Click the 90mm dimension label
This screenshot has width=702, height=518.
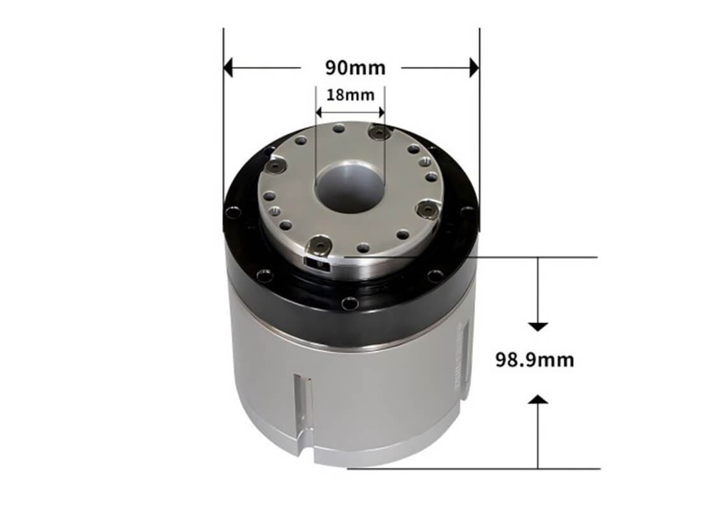tap(355, 68)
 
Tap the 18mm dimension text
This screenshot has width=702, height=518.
tap(350, 95)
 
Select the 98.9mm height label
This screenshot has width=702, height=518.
tap(535, 360)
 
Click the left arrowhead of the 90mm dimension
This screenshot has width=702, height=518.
tap(228, 68)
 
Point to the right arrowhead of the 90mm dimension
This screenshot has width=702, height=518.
tap(474, 68)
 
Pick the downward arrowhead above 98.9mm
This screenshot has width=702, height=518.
tap(538, 326)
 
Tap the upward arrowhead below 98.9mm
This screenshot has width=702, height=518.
tap(538, 399)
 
